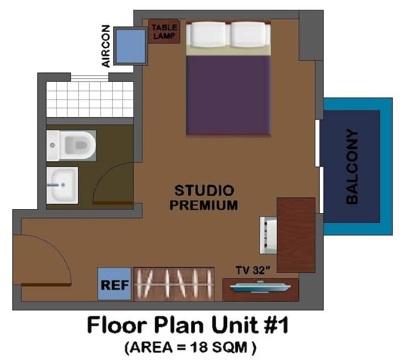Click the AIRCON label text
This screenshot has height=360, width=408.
click(x=106, y=46)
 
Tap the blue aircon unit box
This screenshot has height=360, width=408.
click(x=131, y=46)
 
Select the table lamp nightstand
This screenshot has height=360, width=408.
click(x=164, y=31)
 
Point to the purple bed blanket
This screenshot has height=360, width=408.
click(x=228, y=95)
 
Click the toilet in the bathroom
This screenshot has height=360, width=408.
click(x=71, y=146)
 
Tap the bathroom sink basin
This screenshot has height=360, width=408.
click(x=62, y=185)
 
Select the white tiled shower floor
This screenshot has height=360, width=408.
click(x=90, y=99)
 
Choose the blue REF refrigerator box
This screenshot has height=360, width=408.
click(x=114, y=284)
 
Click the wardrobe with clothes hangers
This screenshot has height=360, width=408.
click(x=174, y=284)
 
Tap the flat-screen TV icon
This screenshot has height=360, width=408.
click(x=260, y=287)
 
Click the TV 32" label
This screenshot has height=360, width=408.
click(x=253, y=270)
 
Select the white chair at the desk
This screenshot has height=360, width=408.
click(x=268, y=235)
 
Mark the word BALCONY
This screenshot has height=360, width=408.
click(x=352, y=167)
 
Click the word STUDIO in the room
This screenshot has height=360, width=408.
click(x=204, y=190)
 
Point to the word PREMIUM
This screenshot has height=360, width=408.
click(x=204, y=205)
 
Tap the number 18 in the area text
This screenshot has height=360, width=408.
click(x=199, y=348)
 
